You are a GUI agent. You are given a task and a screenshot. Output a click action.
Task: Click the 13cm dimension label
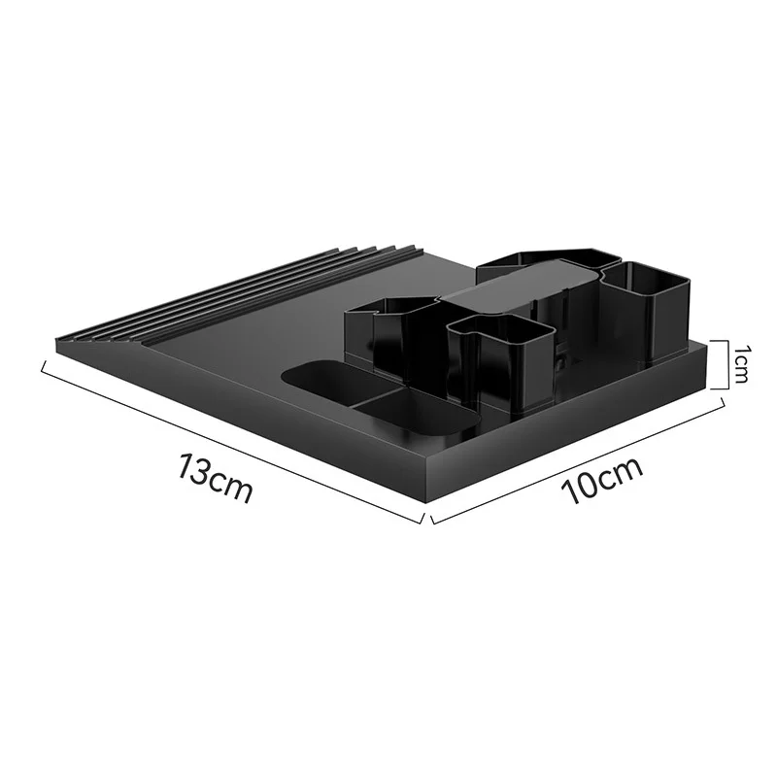(215, 477)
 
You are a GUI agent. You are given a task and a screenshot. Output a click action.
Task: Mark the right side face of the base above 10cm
(573, 427)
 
